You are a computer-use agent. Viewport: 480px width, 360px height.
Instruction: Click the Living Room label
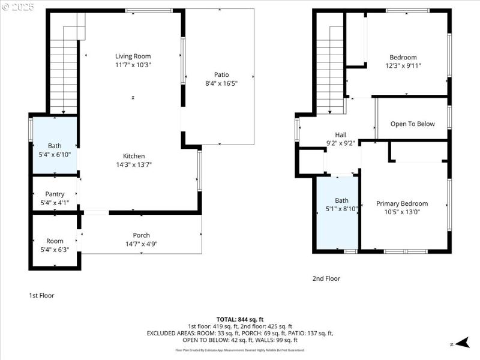[133, 56]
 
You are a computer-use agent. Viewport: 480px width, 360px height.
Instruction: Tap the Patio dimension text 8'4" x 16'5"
[221, 83]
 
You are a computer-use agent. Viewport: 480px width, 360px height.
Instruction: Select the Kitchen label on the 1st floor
[134, 156]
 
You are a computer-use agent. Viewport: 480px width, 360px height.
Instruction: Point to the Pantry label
[55, 194]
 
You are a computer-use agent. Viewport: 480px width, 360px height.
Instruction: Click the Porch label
[141, 235]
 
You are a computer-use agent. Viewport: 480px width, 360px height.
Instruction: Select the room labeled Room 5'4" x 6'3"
[55, 241]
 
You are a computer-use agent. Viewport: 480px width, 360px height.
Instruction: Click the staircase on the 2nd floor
[329, 66]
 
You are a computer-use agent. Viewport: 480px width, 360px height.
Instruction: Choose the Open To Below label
[412, 124]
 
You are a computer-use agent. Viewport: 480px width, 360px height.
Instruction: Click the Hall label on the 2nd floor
[340, 135]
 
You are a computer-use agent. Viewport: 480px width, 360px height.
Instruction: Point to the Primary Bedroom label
[402, 204]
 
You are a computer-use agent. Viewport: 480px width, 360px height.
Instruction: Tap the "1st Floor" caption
[41, 295]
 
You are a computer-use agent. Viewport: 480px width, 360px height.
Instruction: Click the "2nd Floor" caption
[326, 278]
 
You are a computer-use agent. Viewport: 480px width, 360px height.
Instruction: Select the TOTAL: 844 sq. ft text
[240, 319]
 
